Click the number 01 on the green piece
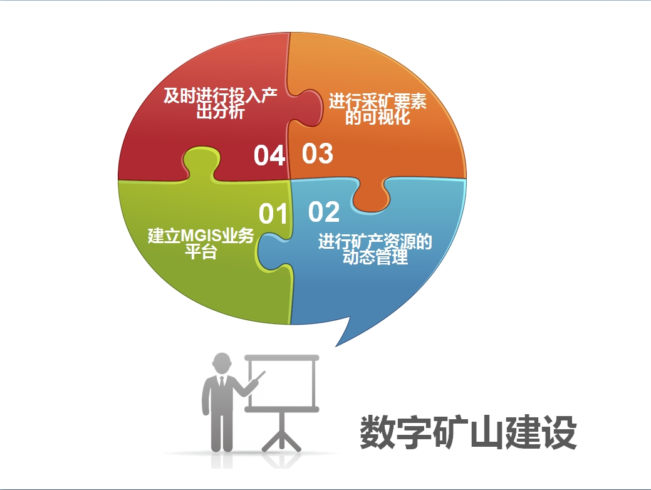273,214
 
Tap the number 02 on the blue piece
324,212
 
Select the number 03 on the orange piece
318,154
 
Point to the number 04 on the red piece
269,155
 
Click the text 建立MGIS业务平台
201,243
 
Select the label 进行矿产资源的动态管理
375,249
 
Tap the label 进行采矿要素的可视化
378,109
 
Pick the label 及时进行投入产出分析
220,103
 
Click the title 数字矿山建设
468,432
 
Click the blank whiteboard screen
282,383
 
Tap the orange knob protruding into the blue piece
371,195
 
